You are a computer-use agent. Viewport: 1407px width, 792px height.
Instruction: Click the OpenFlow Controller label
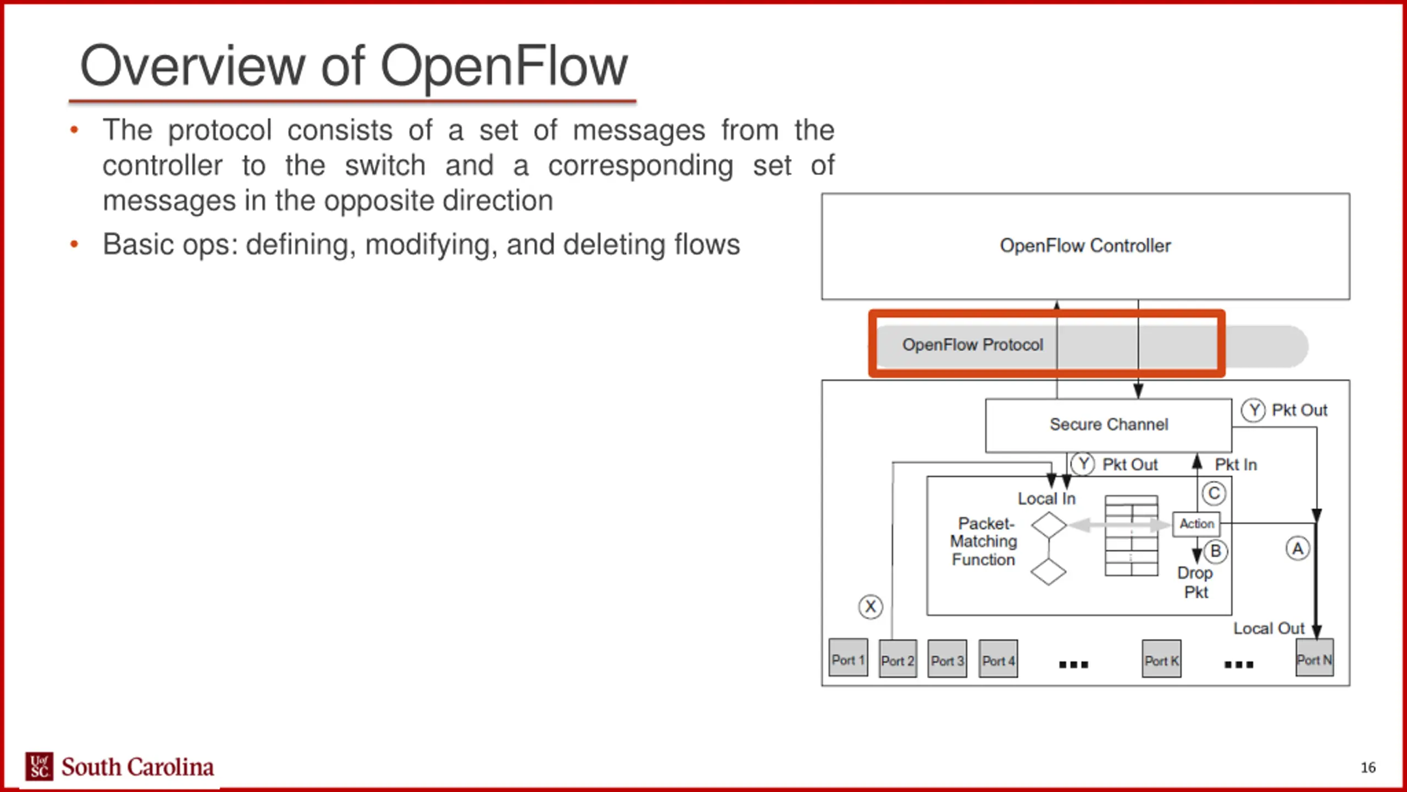(1085, 245)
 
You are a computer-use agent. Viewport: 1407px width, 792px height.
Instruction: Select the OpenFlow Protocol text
(972, 345)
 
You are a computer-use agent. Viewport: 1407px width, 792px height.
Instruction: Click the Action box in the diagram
(1196, 524)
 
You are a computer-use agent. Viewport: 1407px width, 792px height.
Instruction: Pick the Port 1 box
(848, 658)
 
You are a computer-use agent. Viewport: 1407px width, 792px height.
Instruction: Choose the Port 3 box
(947, 659)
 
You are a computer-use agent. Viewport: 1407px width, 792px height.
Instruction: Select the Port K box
(1161, 659)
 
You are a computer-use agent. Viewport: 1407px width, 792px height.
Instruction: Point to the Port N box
(1315, 658)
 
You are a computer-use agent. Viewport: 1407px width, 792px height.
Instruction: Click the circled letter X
(871, 607)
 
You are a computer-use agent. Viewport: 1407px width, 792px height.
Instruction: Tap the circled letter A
(1298, 549)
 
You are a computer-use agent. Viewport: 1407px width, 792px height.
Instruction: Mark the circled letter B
(1216, 551)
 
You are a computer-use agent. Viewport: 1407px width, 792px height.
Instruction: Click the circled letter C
(1214, 493)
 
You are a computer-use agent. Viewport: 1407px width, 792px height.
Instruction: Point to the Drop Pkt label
(1195, 582)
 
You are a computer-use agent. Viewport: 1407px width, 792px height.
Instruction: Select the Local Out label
(1268, 629)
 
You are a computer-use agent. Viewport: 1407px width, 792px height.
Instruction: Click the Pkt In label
(1236, 465)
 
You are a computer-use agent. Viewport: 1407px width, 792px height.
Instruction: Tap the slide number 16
(1368, 767)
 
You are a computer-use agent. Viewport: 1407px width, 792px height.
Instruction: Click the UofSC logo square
(39, 766)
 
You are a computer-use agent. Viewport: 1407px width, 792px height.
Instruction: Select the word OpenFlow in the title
(503, 67)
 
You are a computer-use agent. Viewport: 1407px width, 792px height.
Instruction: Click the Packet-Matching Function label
(984, 541)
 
